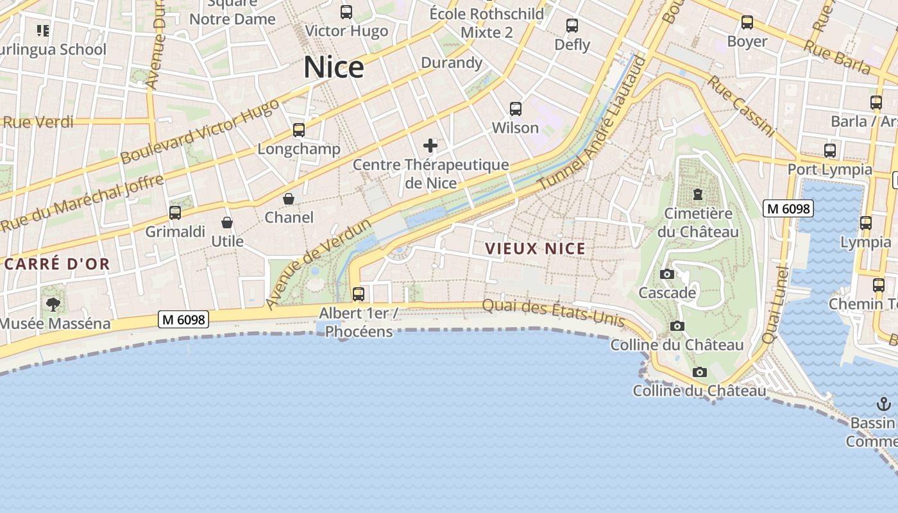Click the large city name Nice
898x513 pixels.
334,67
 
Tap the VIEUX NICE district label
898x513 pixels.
535,249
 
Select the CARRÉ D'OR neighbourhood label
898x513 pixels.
57,264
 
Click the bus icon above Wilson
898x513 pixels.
515,109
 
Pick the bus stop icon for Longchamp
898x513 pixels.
298,130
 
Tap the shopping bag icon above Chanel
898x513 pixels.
289,199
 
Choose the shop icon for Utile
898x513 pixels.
227,223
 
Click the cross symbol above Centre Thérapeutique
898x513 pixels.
430,146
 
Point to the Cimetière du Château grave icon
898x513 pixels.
698,194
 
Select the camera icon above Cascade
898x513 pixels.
667,274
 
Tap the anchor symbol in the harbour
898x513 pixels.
884,404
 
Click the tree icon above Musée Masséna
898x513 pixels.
53,304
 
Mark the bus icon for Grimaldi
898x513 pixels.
175,212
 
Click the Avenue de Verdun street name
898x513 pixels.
319,264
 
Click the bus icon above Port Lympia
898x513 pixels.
830,151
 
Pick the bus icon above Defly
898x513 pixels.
572,26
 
